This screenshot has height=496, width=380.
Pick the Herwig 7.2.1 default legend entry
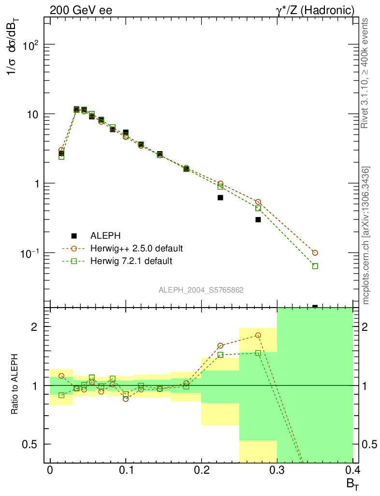pos(131,261)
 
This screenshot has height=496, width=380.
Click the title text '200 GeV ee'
pos(81,10)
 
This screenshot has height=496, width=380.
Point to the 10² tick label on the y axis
pos(30,45)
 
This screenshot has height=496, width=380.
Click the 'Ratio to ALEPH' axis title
pos(15,385)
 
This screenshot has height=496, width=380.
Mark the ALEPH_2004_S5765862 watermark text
pos(201,290)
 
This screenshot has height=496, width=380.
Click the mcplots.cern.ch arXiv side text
pos(366,235)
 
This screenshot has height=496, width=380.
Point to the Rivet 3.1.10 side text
pos(366,73)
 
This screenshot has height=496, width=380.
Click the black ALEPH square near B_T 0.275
pos(258,219)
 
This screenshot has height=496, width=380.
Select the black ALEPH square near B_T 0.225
pos(220,198)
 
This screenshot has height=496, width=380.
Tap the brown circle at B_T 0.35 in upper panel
pos(315,253)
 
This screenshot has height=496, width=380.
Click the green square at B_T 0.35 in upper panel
pos(315,266)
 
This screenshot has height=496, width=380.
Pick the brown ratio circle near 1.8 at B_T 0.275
pos(258,335)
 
